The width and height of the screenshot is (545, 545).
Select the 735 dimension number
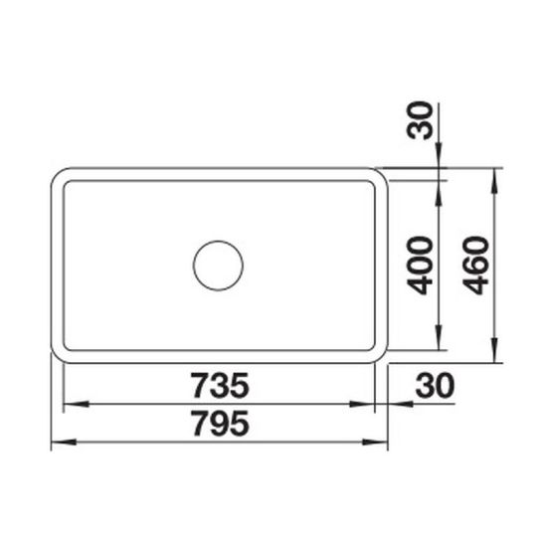[221, 385]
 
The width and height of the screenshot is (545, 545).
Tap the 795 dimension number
[221, 423]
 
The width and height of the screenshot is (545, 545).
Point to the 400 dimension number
[421, 266]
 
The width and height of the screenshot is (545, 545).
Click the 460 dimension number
[476, 266]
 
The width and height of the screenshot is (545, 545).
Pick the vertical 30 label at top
[421, 120]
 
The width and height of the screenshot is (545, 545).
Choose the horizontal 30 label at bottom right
[435, 385]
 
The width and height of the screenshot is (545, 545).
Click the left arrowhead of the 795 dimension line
[64, 443]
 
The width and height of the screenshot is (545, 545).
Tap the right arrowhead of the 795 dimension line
[375, 443]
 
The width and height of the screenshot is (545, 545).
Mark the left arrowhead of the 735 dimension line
[76, 404]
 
